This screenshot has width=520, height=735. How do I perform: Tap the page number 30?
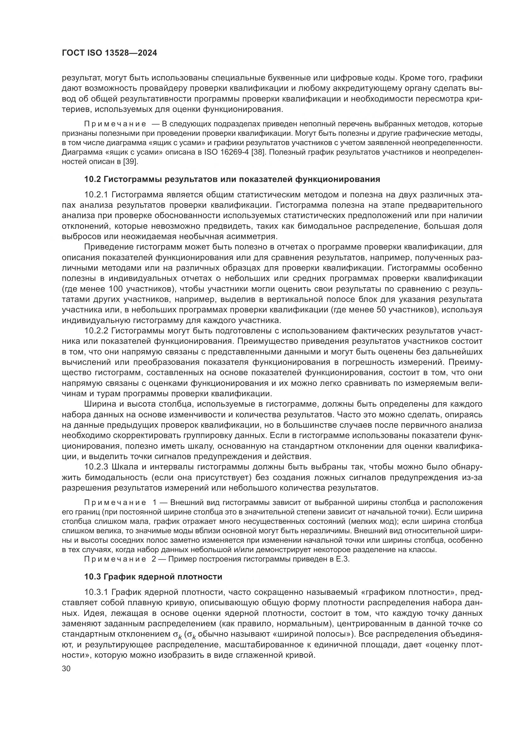click(66, 669)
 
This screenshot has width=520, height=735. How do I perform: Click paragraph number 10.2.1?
click(97, 195)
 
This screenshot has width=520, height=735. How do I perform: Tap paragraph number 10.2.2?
click(97, 331)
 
